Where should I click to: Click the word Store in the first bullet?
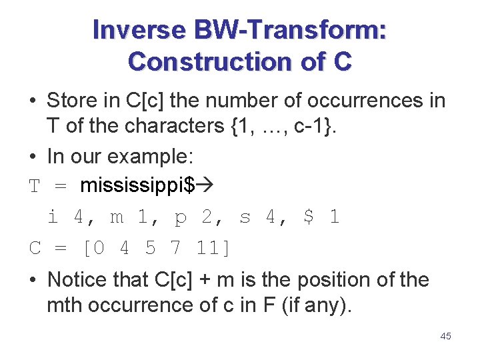coord(71,101)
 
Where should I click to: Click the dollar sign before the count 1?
coord(307,217)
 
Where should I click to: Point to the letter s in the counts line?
coord(245,217)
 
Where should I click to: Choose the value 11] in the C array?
coord(213,248)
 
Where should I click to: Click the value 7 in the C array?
coord(175,248)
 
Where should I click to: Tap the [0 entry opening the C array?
coord(93,248)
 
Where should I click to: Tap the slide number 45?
coord(445,336)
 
